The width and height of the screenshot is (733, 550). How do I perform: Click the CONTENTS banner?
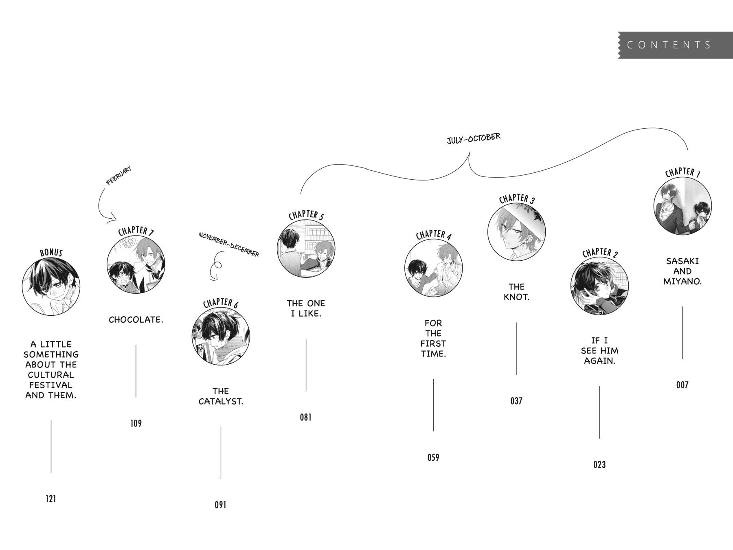[x=675, y=45]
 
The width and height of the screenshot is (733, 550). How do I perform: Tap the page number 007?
[x=682, y=385]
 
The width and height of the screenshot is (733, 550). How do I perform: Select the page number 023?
[x=599, y=464]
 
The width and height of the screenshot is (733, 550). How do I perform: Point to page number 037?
[x=516, y=401]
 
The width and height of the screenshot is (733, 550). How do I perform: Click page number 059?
[x=433, y=458]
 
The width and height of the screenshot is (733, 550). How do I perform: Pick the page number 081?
[x=306, y=417]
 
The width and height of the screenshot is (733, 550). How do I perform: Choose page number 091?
[x=220, y=505]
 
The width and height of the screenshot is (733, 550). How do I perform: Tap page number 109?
[x=136, y=423]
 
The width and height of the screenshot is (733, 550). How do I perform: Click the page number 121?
[x=51, y=499]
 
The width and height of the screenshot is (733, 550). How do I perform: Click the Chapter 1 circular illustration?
[x=683, y=206]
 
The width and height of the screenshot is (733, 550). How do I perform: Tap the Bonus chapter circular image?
[x=51, y=287]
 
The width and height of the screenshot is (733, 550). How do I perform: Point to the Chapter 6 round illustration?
[x=221, y=336]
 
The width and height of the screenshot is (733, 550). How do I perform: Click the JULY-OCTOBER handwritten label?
[x=474, y=139]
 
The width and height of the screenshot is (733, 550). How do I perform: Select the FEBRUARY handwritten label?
[x=119, y=176]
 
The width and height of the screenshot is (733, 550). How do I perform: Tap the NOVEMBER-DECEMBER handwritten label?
[x=229, y=244]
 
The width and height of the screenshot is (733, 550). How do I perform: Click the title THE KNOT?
[x=516, y=292]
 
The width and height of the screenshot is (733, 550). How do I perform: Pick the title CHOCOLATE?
[x=136, y=320]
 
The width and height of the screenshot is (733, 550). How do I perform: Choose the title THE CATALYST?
[x=221, y=396]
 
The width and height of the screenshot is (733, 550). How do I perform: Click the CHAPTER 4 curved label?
[x=433, y=235]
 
